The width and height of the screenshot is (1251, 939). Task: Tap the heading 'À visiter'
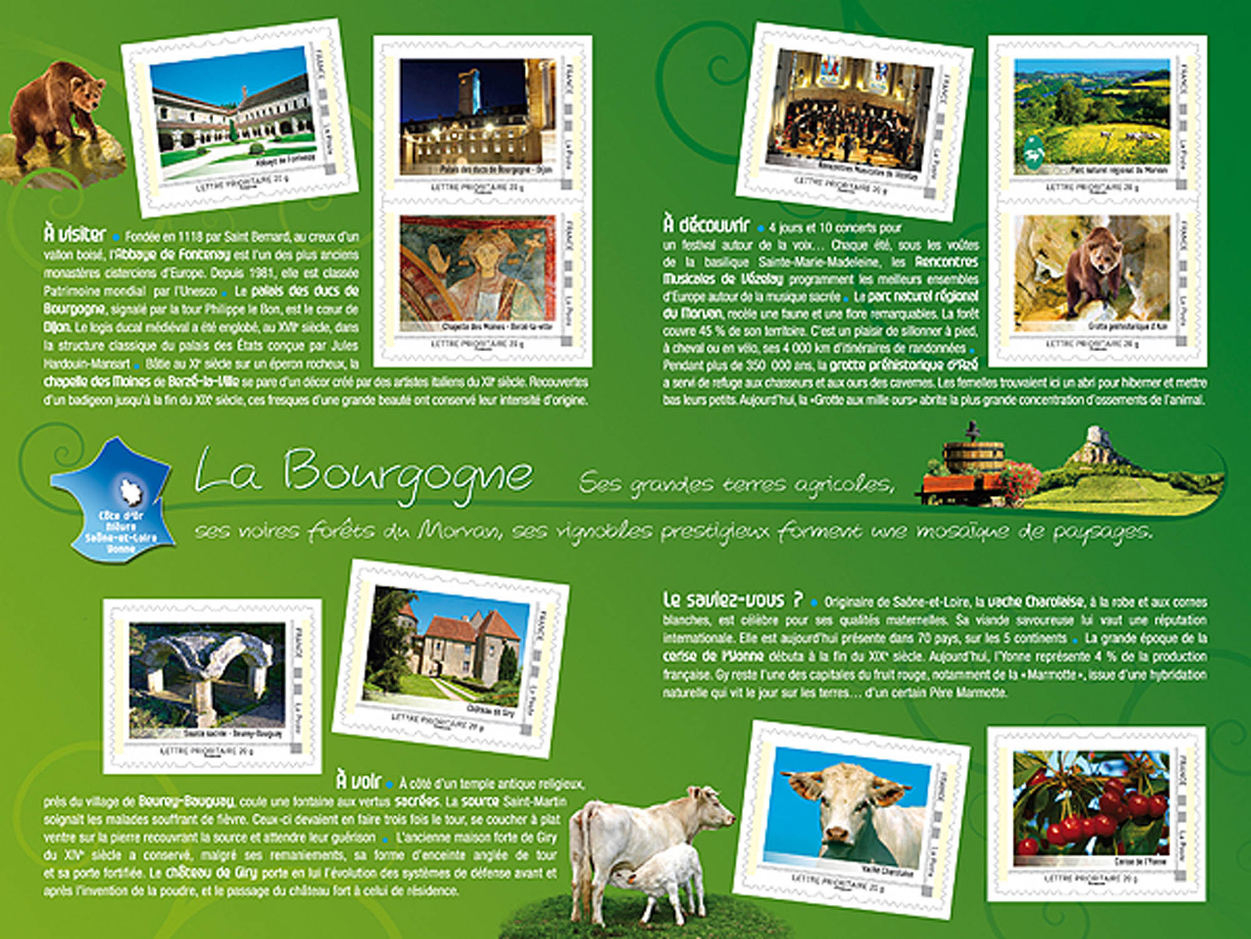click(x=75, y=234)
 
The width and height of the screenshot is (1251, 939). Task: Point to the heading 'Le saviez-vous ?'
click(x=732, y=600)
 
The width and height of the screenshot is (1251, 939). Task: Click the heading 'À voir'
click(x=358, y=781)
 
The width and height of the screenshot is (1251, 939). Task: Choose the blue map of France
click(x=113, y=498)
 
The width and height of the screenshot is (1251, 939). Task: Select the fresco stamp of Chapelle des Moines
click(x=477, y=269)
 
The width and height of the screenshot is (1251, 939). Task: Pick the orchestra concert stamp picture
click(x=849, y=116)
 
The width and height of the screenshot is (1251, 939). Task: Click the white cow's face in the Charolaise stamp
click(x=841, y=808)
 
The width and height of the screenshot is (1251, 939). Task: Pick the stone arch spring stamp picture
click(x=206, y=676)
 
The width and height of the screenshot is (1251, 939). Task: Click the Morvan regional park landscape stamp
click(x=1091, y=113)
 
